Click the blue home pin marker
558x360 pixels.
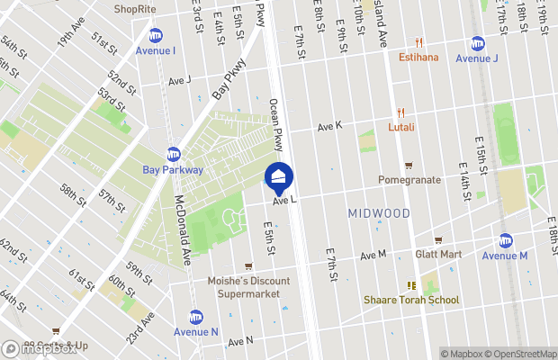click(x=279, y=177)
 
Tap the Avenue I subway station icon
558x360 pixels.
click(x=156, y=35)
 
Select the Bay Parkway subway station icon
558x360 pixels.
click(x=174, y=154)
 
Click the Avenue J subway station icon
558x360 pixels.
click(x=477, y=43)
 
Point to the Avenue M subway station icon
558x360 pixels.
click(x=505, y=240)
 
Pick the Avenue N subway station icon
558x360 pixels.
click(x=195, y=316)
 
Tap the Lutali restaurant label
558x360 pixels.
click(x=401, y=127)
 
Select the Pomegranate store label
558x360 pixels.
click(x=409, y=180)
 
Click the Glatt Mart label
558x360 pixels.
click(x=438, y=255)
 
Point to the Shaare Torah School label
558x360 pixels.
click(x=411, y=300)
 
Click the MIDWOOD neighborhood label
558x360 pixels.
click(x=378, y=213)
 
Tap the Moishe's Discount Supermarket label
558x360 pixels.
click(x=248, y=286)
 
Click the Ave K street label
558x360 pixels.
click(x=330, y=128)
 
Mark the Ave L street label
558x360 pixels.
click(x=285, y=202)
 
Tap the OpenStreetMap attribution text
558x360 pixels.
click(x=517, y=354)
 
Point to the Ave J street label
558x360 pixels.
click(x=180, y=80)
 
